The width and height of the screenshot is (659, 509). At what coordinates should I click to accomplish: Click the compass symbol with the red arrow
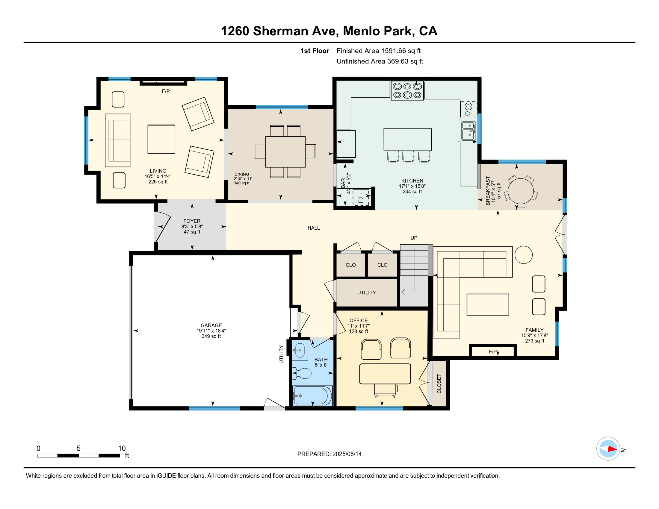pyautogui.click(x=608, y=449)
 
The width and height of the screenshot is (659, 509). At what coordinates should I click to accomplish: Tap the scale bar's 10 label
pyautogui.click(x=122, y=449)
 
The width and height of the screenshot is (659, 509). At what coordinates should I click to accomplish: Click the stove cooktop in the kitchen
pyautogui.click(x=407, y=90)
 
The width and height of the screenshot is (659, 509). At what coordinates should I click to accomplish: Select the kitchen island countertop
pyautogui.click(x=407, y=140)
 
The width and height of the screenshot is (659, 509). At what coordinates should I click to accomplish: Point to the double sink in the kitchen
pyautogui.click(x=468, y=131)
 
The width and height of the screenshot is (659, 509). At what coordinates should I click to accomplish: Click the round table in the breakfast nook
pyautogui.click(x=521, y=191)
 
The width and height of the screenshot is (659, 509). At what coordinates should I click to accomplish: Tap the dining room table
pyautogui.click(x=285, y=152)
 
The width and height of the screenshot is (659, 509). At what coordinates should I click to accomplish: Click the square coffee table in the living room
pyautogui.click(x=161, y=139)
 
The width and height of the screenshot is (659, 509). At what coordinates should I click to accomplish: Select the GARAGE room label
pyautogui.click(x=211, y=325)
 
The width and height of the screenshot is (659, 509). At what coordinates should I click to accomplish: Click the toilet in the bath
pyautogui.click(x=302, y=373)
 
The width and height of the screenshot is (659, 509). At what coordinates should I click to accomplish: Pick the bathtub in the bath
pyautogui.click(x=312, y=396)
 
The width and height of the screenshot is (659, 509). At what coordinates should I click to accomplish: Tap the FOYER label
pyautogui.click(x=192, y=221)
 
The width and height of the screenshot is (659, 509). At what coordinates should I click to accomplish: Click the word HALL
pyautogui.click(x=314, y=228)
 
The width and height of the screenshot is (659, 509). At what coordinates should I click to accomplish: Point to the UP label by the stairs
pyautogui.click(x=414, y=238)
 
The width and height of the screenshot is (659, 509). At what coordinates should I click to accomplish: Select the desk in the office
pyautogui.click(x=385, y=374)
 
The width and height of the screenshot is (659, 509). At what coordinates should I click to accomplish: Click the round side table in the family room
pyautogui.click(x=524, y=255)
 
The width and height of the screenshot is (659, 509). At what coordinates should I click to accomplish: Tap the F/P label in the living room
pyautogui.click(x=166, y=91)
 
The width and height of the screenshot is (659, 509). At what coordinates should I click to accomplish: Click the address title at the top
pyautogui.click(x=329, y=31)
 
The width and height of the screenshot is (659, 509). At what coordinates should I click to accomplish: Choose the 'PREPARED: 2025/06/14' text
pyautogui.click(x=329, y=454)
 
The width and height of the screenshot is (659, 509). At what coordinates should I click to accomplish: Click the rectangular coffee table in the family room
pyautogui.click(x=488, y=305)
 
